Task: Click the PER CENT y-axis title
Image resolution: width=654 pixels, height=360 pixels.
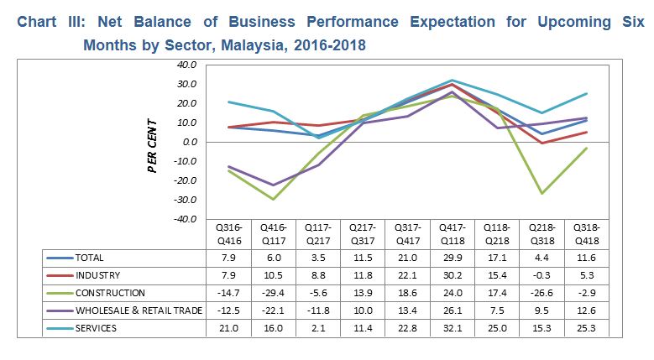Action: (x=153, y=140)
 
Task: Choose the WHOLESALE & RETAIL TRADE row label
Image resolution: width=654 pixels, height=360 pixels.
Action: (x=139, y=310)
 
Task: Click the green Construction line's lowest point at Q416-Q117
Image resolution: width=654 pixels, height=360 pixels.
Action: (x=274, y=199)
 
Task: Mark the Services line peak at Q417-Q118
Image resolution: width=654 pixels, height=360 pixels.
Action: (x=452, y=80)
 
